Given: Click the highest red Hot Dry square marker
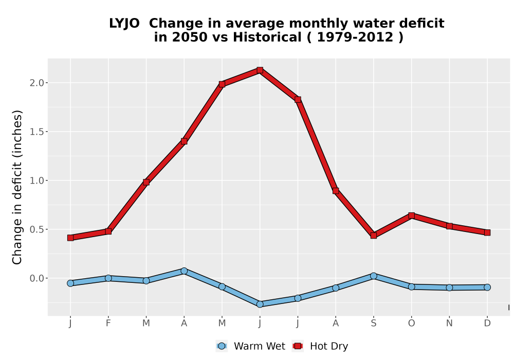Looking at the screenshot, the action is [260, 70].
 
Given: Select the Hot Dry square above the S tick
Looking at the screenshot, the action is [374, 236].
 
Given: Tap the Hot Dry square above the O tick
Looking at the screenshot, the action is [411, 215].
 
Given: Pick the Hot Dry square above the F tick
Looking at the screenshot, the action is [108, 231].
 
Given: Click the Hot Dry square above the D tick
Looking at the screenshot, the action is [487, 233].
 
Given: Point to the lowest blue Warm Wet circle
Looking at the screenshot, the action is [260, 304].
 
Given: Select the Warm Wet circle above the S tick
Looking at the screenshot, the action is [374, 276].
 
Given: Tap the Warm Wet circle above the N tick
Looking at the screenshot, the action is [449, 287].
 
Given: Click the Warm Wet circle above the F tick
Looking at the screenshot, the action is [108, 278].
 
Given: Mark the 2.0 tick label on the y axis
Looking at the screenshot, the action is [36, 83].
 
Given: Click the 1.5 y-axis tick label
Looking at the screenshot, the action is [36, 132].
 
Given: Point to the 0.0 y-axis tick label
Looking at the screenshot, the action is [36, 278].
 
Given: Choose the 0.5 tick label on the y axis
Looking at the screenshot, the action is [36, 229].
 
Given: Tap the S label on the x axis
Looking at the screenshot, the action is [374, 323].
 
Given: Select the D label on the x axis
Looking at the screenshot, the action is [487, 323].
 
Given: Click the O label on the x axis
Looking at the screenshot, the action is [411, 323].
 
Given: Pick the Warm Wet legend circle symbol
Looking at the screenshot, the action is [222, 346].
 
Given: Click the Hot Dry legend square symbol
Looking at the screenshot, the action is [298, 346].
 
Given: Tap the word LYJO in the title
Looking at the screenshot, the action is [124, 24].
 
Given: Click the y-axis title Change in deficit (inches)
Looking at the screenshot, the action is [17, 187].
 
